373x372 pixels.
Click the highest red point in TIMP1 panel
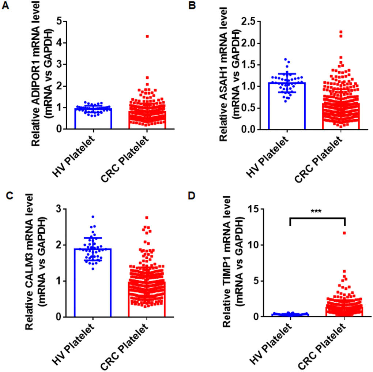tap(344, 233)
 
